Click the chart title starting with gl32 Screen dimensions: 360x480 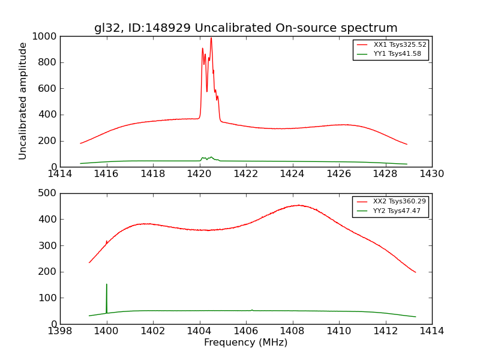pyautogui.click(x=245, y=28)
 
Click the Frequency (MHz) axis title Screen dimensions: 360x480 pyautogui.click(x=245, y=343)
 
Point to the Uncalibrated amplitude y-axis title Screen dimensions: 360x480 pyautogui.click(x=23, y=101)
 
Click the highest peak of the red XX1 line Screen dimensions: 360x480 pyautogui.click(x=211, y=38)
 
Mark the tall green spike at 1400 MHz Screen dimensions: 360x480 pyautogui.click(x=107, y=284)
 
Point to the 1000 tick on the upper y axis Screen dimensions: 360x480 pyautogui.click(x=45, y=37)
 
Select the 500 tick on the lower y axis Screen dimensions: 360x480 pyautogui.click(x=48, y=193)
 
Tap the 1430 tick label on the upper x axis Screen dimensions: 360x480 pyautogui.click(x=431, y=174)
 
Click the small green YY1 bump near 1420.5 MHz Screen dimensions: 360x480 pyautogui.click(x=211, y=157)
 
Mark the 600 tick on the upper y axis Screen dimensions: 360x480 pyautogui.click(x=48, y=89)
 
